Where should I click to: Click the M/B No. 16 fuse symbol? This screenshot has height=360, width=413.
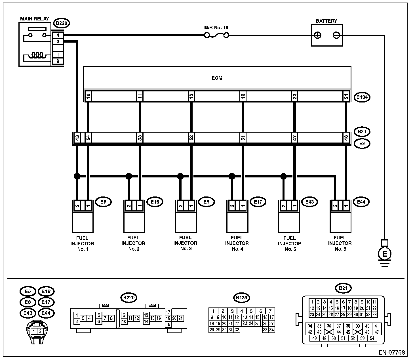tap(216, 35)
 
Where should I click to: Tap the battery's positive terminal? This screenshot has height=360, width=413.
tap(318, 35)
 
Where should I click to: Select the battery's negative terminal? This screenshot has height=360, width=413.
tap(336, 35)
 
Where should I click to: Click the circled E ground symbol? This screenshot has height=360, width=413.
tap(385, 254)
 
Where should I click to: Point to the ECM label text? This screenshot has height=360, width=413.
tap(217, 78)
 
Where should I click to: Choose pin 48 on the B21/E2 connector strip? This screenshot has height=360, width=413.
tap(77, 138)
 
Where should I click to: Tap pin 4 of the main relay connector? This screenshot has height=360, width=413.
tap(58, 35)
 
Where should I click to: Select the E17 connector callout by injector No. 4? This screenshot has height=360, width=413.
tap(258, 202)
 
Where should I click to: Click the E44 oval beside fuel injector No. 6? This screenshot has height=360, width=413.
tap(361, 202)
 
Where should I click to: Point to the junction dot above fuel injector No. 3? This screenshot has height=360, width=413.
tap(180, 176)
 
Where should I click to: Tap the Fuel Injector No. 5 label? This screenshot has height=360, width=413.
tap(289, 243)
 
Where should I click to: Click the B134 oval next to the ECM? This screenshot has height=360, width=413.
tap(362, 97)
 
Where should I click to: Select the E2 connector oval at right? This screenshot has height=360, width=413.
tap(362, 144)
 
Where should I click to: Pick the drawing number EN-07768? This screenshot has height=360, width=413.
tap(392, 352)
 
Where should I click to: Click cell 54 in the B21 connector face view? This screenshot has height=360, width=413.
tap(372, 338)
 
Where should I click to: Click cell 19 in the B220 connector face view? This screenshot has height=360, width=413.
tap(168, 325)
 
